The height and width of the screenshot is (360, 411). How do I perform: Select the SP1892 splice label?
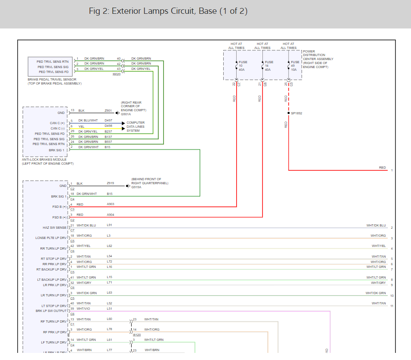[x=296, y=113]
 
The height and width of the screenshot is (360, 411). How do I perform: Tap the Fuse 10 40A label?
[x=242, y=66]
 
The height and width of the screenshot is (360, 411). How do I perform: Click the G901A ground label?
[x=126, y=114]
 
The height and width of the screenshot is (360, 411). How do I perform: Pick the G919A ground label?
[x=136, y=187]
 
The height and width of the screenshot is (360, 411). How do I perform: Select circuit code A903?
[x=110, y=204]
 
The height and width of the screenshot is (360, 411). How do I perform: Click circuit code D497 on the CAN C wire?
[x=109, y=121]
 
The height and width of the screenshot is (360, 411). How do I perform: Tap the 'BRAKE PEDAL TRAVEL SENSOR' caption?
[x=55, y=80]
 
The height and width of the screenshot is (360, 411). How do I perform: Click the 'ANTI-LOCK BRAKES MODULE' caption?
[x=44, y=159]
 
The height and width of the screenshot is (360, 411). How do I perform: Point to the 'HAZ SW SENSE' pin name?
[x=55, y=228]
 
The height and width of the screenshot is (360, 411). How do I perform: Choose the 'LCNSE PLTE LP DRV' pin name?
[x=51, y=238]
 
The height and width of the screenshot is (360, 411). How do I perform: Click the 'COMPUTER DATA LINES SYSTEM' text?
[x=136, y=126]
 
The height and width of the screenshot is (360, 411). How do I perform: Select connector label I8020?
[x=117, y=74]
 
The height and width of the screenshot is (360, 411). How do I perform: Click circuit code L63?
[x=109, y=293]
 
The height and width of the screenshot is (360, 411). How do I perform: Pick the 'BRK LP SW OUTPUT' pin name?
[x=51, y=311]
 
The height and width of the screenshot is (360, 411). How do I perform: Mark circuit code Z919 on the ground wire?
[x=110, y=183]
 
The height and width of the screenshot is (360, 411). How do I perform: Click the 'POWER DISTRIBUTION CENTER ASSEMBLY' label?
[x=318, y=59]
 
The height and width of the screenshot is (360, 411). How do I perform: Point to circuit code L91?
[x=109, y=225]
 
